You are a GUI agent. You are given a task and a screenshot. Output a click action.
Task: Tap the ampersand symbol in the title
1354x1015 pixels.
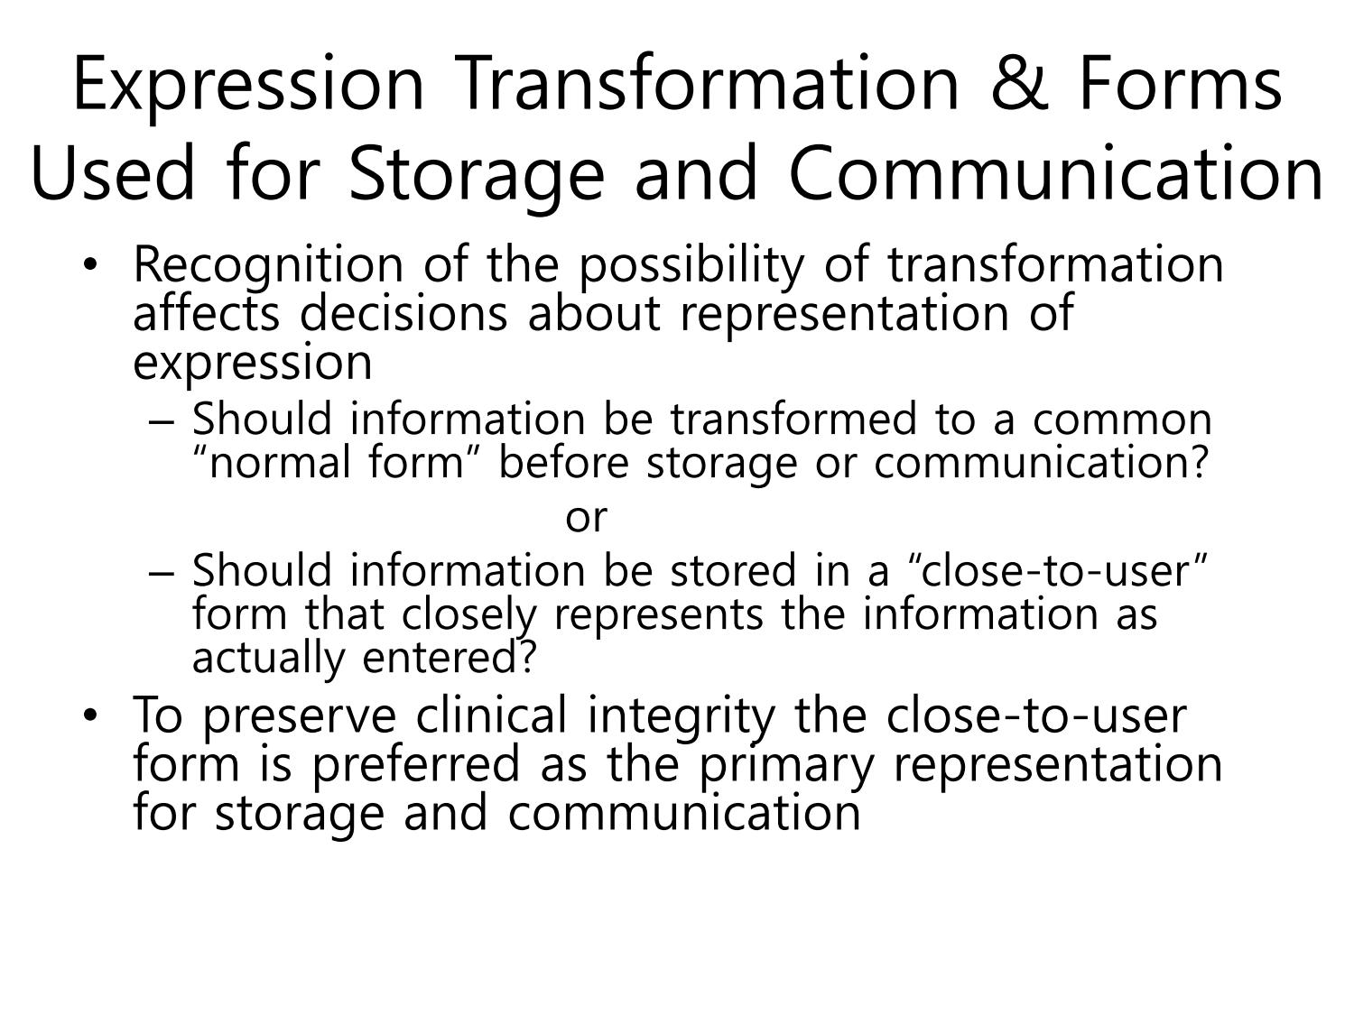coord(1019,84)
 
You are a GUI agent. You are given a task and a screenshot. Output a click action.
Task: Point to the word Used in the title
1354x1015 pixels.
coord(112,173)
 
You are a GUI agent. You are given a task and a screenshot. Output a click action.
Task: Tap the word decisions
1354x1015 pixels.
coord(403,313)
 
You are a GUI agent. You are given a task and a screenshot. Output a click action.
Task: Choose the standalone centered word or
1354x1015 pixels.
coord(586,518)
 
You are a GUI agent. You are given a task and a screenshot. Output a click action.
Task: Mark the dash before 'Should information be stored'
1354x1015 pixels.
coord(162,572)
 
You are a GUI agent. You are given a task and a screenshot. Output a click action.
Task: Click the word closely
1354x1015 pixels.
coord(468,615)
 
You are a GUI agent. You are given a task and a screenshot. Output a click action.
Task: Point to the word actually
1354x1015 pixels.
coord(269,660)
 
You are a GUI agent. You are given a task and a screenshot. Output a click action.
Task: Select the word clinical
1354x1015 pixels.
coord(491,715)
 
